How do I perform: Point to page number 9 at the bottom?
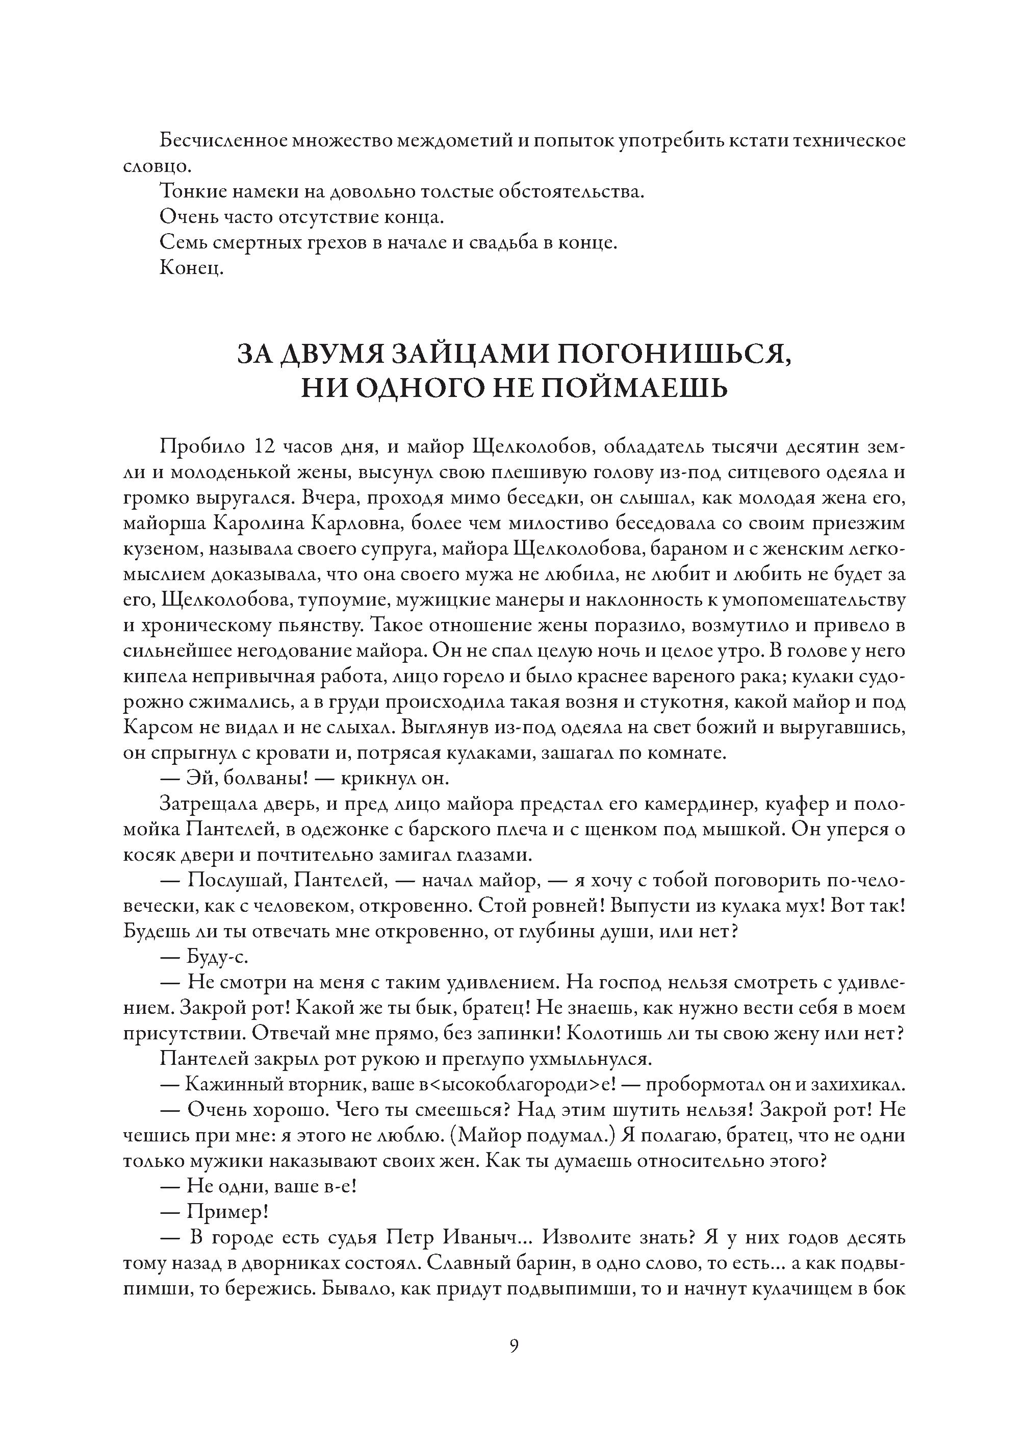click(513, 1347)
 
